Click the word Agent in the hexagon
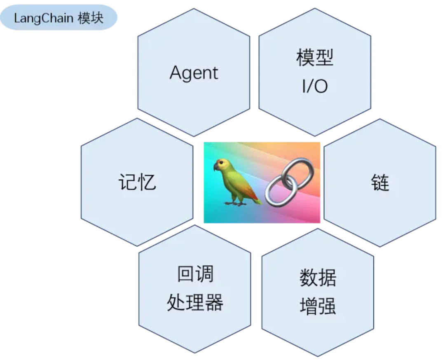click(194, 73)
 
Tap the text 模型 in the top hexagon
click(315, 58)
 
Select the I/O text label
click(315, 87)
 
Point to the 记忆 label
click(137, 182)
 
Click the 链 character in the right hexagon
click(380, 182)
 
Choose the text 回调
click(195, 274)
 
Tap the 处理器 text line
click(195, 303)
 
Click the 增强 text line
click(318, 306)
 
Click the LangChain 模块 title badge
click(58, 19)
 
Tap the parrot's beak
click(216, 167)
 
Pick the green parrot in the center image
click(236, 181)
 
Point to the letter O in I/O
click(322, 87)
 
